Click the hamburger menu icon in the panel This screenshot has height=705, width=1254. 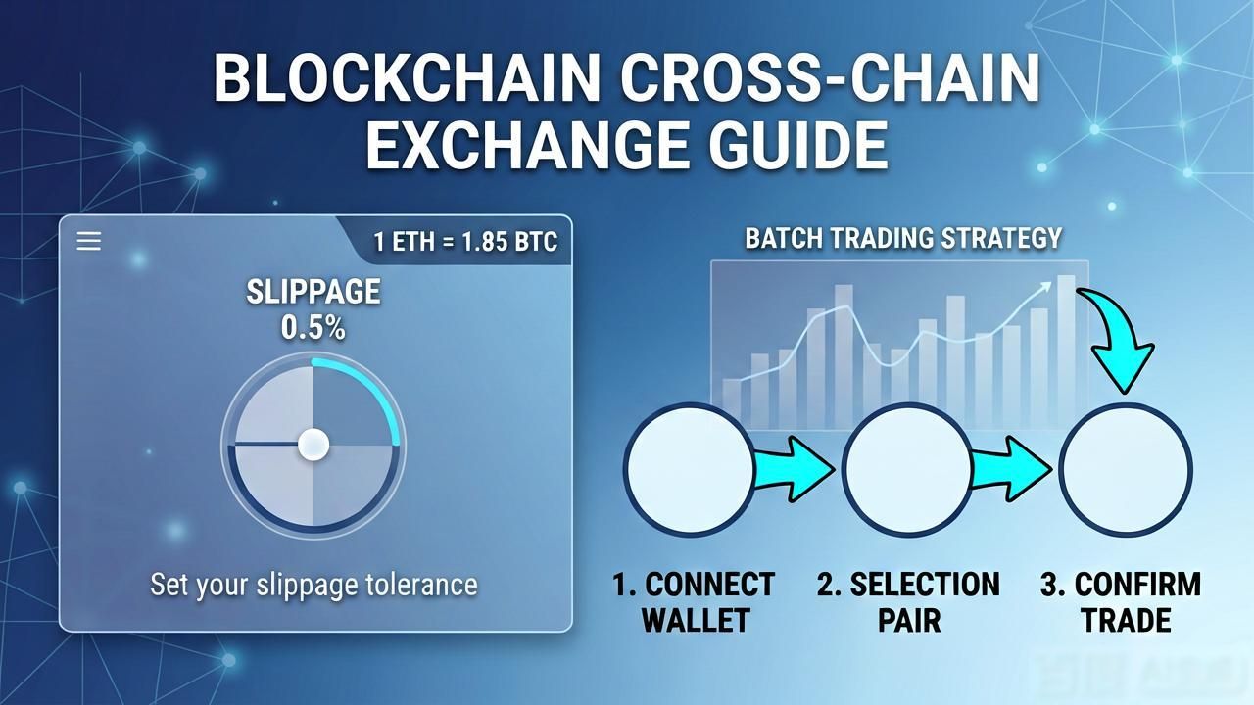click(x=89, y=241)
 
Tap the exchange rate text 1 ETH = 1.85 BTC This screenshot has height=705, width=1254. click(x=465, y=242)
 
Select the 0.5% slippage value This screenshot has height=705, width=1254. click(x=313, y=328)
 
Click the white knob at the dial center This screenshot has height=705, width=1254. click(x=313, y=445)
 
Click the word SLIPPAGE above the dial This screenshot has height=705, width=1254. click(x=313, y=292)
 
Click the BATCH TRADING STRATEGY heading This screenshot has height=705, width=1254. click(x=903, y=238)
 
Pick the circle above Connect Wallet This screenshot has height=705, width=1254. click(x=690, y=470)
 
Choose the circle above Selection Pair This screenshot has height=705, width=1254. click(x=907, y=470)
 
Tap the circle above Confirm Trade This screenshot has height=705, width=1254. click(x=1126, y=470)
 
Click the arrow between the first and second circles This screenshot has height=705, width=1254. click(x=794, y=469)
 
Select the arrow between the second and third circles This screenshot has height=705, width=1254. click(x=1011, y=469)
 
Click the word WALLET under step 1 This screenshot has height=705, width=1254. click(x=696, y=620)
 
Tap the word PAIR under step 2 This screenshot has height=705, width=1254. click(x=909, y=620)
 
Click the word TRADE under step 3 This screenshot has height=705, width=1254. click(x=1127, y=620)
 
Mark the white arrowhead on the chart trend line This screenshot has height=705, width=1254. click(x=1044, y=288)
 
